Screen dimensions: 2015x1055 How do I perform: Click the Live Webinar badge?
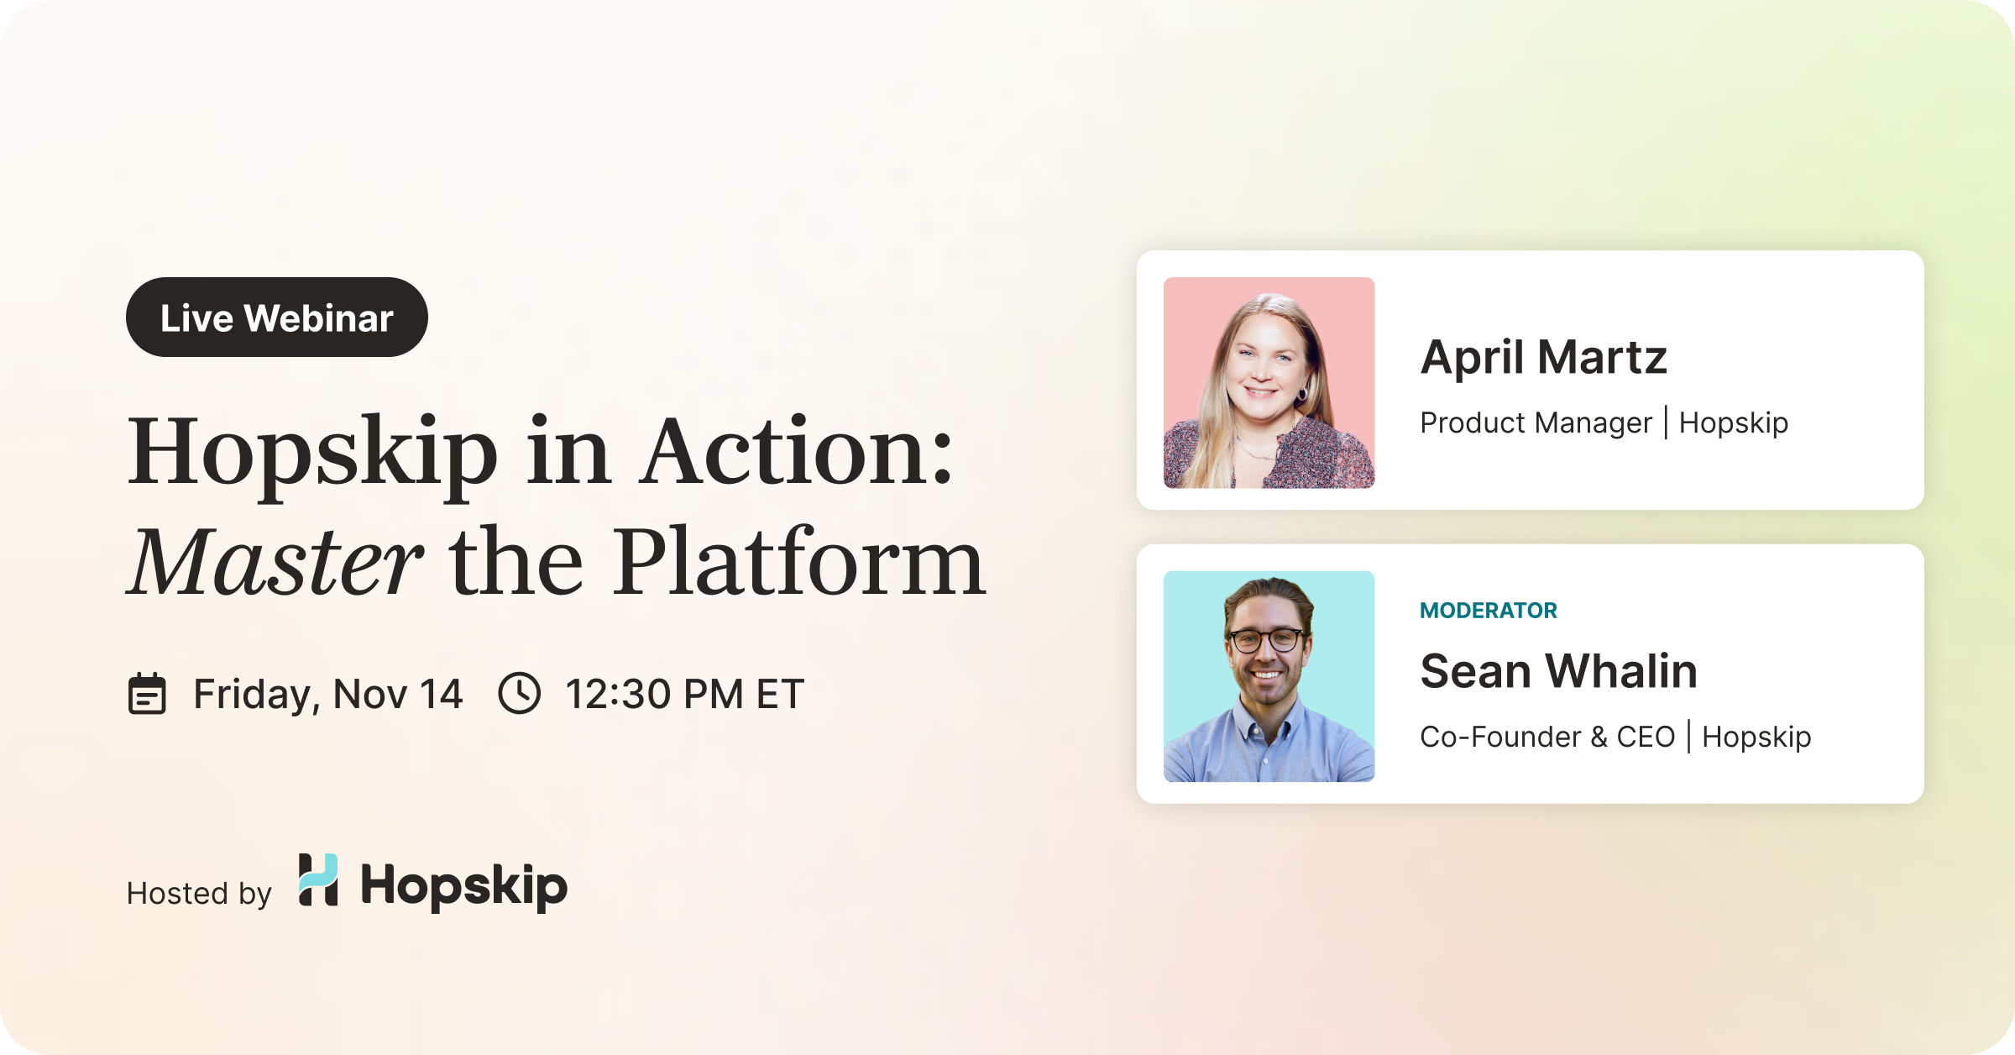pos(277,318)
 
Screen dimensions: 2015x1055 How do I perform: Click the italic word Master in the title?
pos(275,561)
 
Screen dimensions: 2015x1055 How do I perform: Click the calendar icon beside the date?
pos(147,694)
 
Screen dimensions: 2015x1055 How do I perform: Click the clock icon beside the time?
pos(520,694)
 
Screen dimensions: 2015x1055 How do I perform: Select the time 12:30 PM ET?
pos(684,695)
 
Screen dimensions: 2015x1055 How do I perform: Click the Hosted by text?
pos(199,894)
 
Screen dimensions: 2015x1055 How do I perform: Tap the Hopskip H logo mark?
pos(318,880)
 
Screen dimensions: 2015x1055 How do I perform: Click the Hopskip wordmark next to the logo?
pos(464,886)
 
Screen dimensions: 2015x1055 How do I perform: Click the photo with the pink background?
pos(1269,383)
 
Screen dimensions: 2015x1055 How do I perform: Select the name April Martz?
pos(1543,357)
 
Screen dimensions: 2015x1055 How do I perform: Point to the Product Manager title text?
pos(1536,423)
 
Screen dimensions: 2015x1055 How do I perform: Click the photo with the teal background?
pos(1269,677)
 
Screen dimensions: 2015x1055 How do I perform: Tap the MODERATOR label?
pos(1489,611)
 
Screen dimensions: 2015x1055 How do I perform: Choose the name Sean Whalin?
pos(1558,671)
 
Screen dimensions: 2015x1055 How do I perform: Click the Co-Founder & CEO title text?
pos(1547,737)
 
